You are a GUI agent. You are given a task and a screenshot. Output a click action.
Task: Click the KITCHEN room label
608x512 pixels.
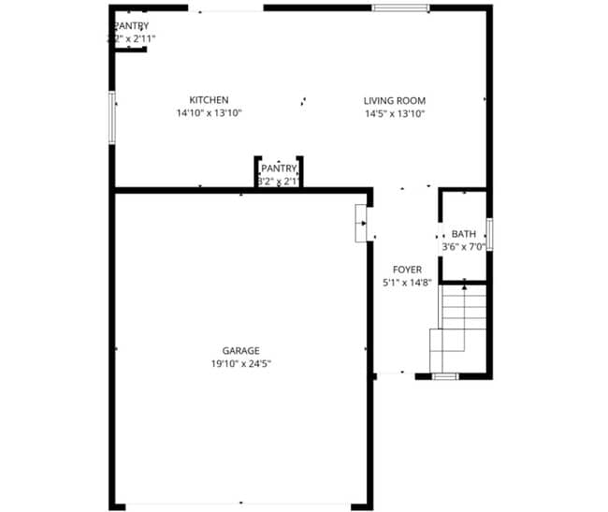[x=209, y=100]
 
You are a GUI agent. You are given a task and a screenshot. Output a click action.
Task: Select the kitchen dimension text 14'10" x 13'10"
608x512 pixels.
[x=209, y=113]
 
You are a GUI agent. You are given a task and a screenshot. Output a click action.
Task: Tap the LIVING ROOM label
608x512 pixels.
[x=395, y=100]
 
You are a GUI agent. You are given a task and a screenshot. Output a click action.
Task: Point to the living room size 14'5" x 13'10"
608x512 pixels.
[x=395, y=113]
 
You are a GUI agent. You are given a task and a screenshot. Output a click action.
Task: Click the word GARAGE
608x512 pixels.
[x=240, y=351]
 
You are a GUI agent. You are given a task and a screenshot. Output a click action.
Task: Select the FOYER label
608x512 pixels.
[x=407, y=270]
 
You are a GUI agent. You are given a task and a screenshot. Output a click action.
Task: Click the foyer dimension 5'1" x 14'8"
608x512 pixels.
[x=407, y=282]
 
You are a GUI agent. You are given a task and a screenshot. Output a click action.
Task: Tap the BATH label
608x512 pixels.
[x=463, y=234]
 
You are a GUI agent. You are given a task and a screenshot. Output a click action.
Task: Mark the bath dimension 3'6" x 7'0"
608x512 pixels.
[x=463, y=247]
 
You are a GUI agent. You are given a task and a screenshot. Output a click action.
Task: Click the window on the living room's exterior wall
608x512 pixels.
[x=400, y=8]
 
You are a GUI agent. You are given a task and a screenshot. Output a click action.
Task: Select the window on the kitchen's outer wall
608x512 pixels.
[x=111, y=117]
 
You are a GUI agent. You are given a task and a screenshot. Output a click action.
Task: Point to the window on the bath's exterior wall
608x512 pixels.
[x=489, y=234]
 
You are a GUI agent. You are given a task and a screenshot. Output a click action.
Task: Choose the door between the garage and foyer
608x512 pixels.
[x=361, y=224]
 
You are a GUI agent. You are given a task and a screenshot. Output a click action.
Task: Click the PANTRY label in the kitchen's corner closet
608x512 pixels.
[x=131, y=26]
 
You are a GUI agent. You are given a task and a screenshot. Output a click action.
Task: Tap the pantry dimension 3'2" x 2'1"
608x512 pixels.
[x=279, y=181]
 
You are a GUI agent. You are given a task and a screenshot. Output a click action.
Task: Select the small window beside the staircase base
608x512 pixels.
[x=444, y=375]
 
